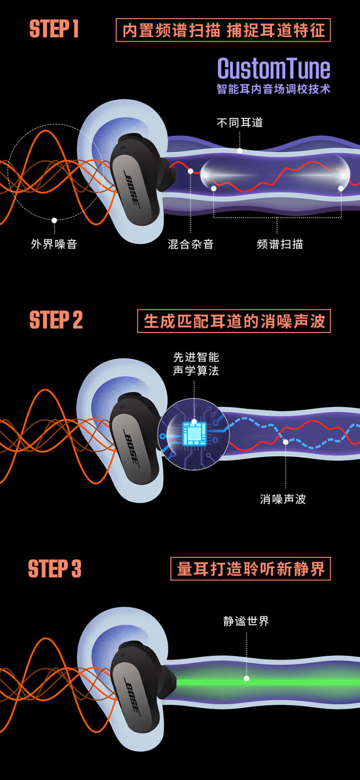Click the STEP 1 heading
click(54, 29)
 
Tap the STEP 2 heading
click(56, 319)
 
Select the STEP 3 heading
click(55, 568)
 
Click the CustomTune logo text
click(274, 69)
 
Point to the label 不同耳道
click(240, 123)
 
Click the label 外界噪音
click(54, 244)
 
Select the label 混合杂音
click(191, 244)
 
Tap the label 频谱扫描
click(280, 244)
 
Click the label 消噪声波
click(283, 499)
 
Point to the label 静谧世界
click(246, 621)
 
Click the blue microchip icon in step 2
click(194, 434)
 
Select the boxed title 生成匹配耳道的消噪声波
click(234, 321)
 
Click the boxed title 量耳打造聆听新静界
click(251, 568)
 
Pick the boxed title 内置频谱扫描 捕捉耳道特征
click(223, 30)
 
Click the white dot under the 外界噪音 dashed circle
click(54, 220)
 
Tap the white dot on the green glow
click(246, 678)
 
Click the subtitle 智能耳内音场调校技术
click(274, 89)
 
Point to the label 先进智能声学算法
click(196, 364)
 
